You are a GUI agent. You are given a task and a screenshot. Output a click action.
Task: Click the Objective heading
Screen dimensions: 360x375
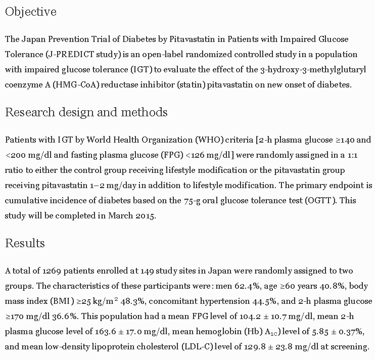coord(31,12)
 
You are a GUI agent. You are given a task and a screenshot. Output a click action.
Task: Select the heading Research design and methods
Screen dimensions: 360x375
coord(86,112)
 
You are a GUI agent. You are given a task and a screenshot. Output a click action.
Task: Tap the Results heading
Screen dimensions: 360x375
coord(25,243)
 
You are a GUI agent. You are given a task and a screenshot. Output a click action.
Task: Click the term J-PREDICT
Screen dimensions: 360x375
coord(75,54)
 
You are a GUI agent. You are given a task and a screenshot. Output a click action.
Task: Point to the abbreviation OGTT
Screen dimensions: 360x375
coord(319,200)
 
